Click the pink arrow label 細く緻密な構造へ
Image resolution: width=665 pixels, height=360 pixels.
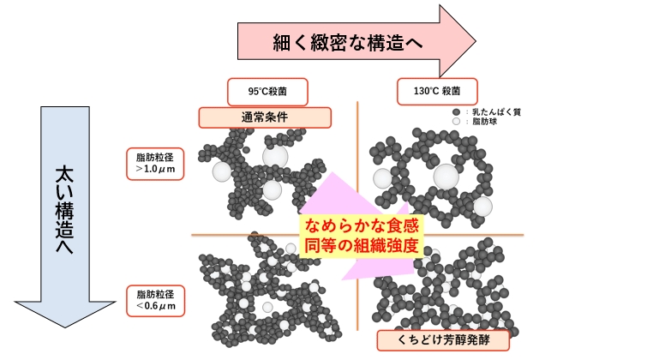pos(347,42)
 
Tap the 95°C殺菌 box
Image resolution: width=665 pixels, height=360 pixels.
pos(267,92)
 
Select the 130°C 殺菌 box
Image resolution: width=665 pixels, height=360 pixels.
pos(437,91)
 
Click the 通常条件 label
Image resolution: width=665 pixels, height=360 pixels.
pos(265,117)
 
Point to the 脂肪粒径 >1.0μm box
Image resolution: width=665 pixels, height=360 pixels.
pos(155,164)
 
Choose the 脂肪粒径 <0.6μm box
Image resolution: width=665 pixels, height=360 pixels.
pos(156,301)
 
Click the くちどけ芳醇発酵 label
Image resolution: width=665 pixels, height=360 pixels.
pos(443,340)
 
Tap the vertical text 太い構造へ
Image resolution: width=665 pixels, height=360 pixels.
pos(64,210)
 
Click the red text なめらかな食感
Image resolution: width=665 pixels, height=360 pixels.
pos(362,225)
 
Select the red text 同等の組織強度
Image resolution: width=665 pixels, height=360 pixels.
pos(362,245)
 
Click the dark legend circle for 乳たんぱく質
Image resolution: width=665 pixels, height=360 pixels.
pos(457,112)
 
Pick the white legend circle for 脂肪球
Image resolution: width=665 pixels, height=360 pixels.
pos(457,121)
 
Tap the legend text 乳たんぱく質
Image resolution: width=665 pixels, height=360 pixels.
pos(496,112)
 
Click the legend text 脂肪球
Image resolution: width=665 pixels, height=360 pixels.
pos(484,122)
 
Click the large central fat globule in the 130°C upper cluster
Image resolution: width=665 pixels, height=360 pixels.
pos(446,177)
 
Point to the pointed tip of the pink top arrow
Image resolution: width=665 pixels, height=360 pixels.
pos(476,41)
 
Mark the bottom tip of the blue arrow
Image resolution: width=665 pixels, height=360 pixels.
pos(65,327)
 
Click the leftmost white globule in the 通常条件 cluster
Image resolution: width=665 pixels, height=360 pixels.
pos(222,171)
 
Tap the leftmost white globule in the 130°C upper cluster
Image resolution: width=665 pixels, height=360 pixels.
pos(382,178)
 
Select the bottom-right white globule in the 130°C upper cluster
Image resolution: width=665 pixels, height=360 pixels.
pos(482,207)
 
